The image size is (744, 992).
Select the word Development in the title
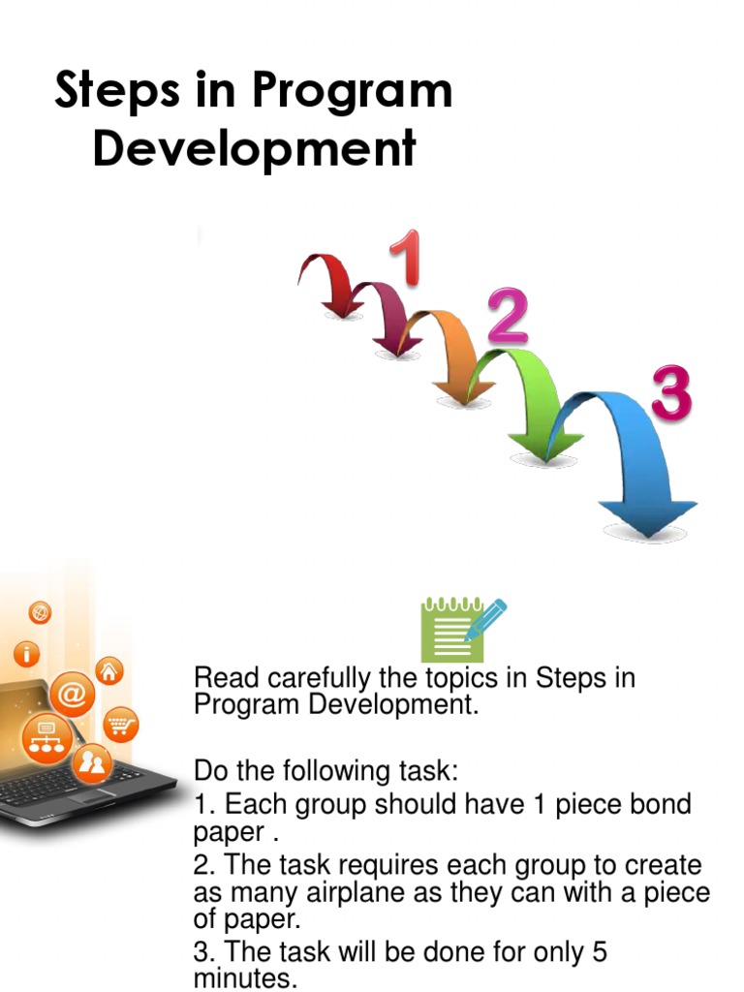[x=254, y=150]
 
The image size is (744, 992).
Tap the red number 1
[x=406, y=258]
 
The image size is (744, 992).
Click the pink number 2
[x=508, y=318]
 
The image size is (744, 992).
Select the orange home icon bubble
[x=110, y=670]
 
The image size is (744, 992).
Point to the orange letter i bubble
[x=26, y=655]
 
